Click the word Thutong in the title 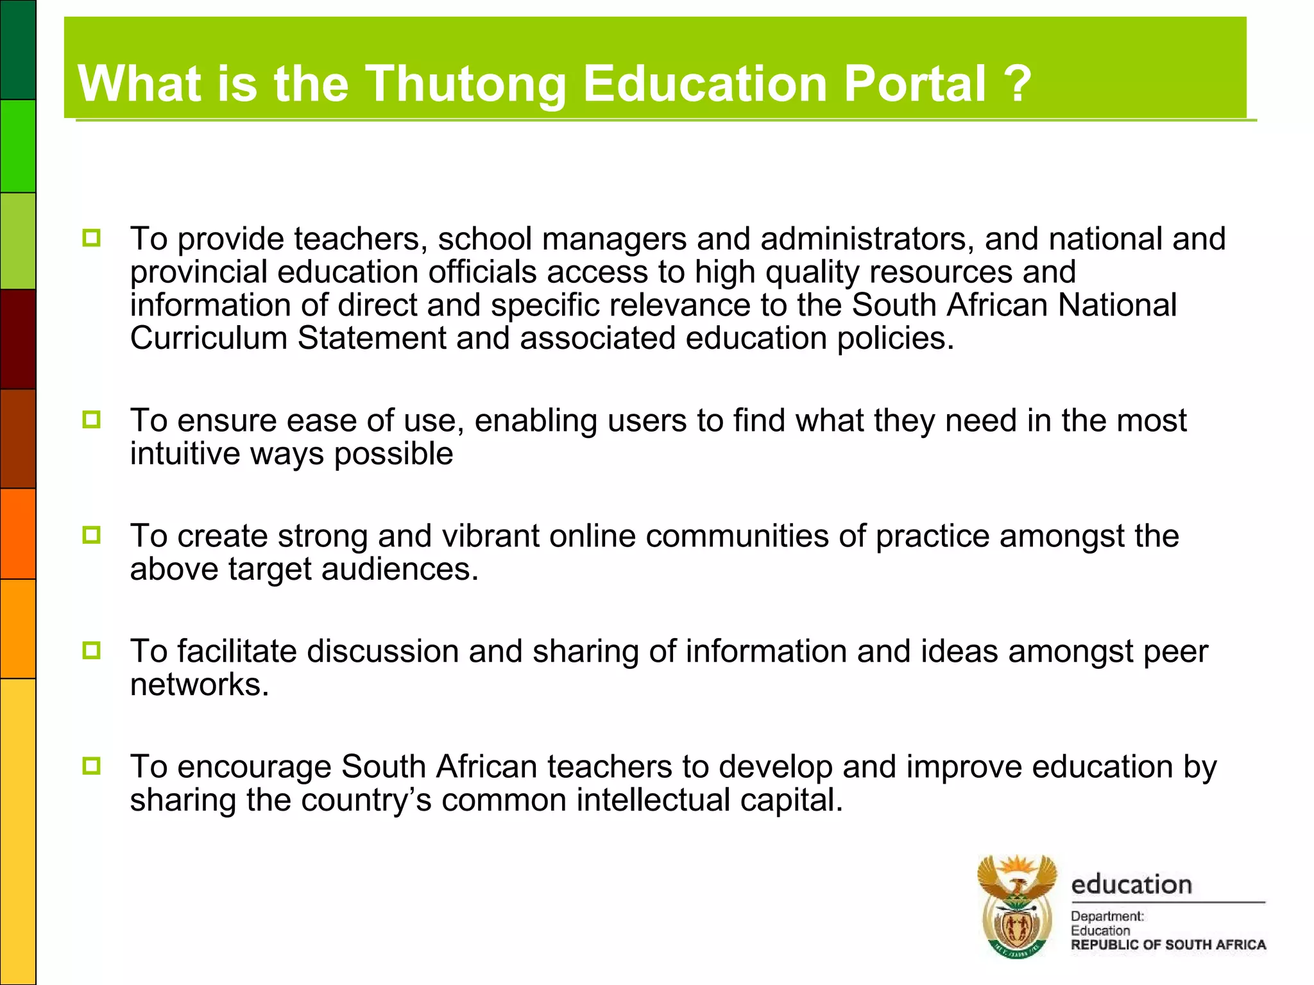(x=466, y=84)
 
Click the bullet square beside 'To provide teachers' (x=92, y=239)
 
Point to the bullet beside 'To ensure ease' (x=92, y=420)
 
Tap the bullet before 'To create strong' (x=92, y=535)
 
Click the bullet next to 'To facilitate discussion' (x=92, y=650)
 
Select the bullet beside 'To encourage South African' (x=92, y=766)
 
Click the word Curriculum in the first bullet (x=209, y=338)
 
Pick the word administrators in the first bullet (x=863, y=239)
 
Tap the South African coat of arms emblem (x=1017, y=906)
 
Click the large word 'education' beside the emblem (x=1131, y=885)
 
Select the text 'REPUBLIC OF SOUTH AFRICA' (x=1168, y=945)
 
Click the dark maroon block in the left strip (x=18, y=339)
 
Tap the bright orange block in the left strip (x=18, y=534)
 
